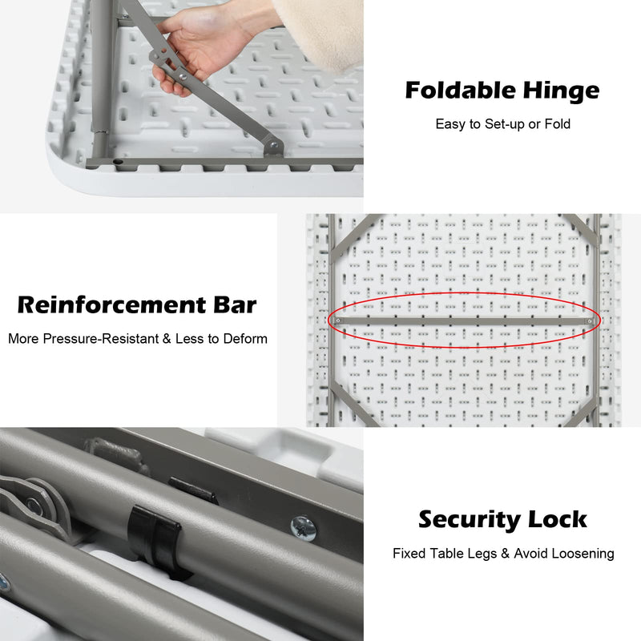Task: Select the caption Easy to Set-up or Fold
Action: coord(502,124)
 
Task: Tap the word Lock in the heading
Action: coord(558,519)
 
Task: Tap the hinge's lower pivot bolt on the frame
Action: coord(273,147)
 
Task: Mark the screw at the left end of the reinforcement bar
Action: coord(337,320)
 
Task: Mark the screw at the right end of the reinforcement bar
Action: coord(591,320)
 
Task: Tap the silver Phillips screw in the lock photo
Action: coord(303,527)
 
